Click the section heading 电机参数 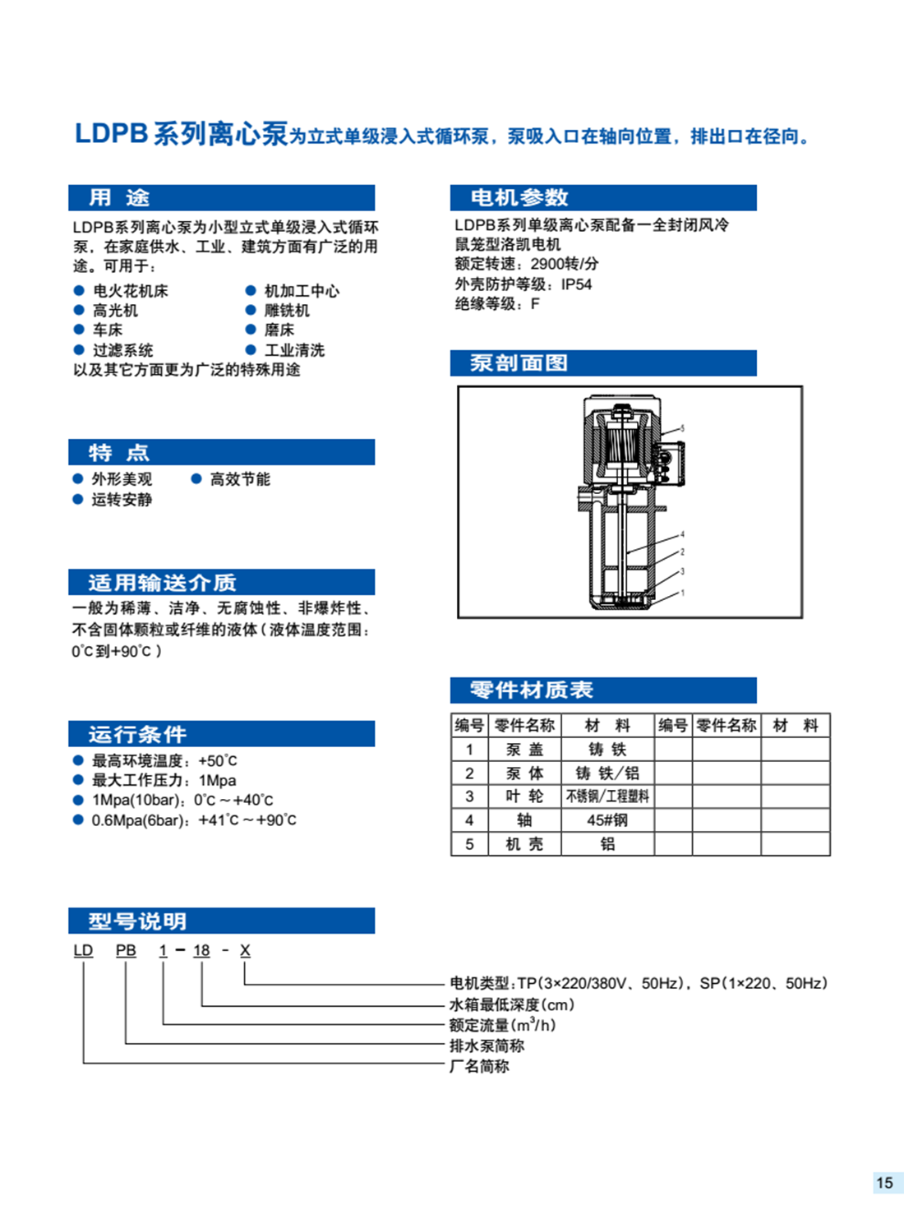coord(519,197)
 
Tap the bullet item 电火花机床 coord(130,291)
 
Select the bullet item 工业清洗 coord(294,350)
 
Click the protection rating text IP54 coord(576,284)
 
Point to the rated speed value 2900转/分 coord(565,264)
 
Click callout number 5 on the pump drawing coord(682,428)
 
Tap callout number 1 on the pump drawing coord(682,593)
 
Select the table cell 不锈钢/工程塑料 coord(607,796)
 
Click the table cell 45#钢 coord(607,820)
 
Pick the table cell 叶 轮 coord(524,796)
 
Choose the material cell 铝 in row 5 coord(607,844)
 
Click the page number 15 coord(884,1183)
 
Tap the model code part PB coord(126,950)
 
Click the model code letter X coord(245,950)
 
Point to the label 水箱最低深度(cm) coord(511,1004)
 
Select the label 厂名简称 coord(479,1066)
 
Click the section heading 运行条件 coord(137,734)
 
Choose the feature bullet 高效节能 coord(239,479)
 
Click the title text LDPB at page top coord(110,134)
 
